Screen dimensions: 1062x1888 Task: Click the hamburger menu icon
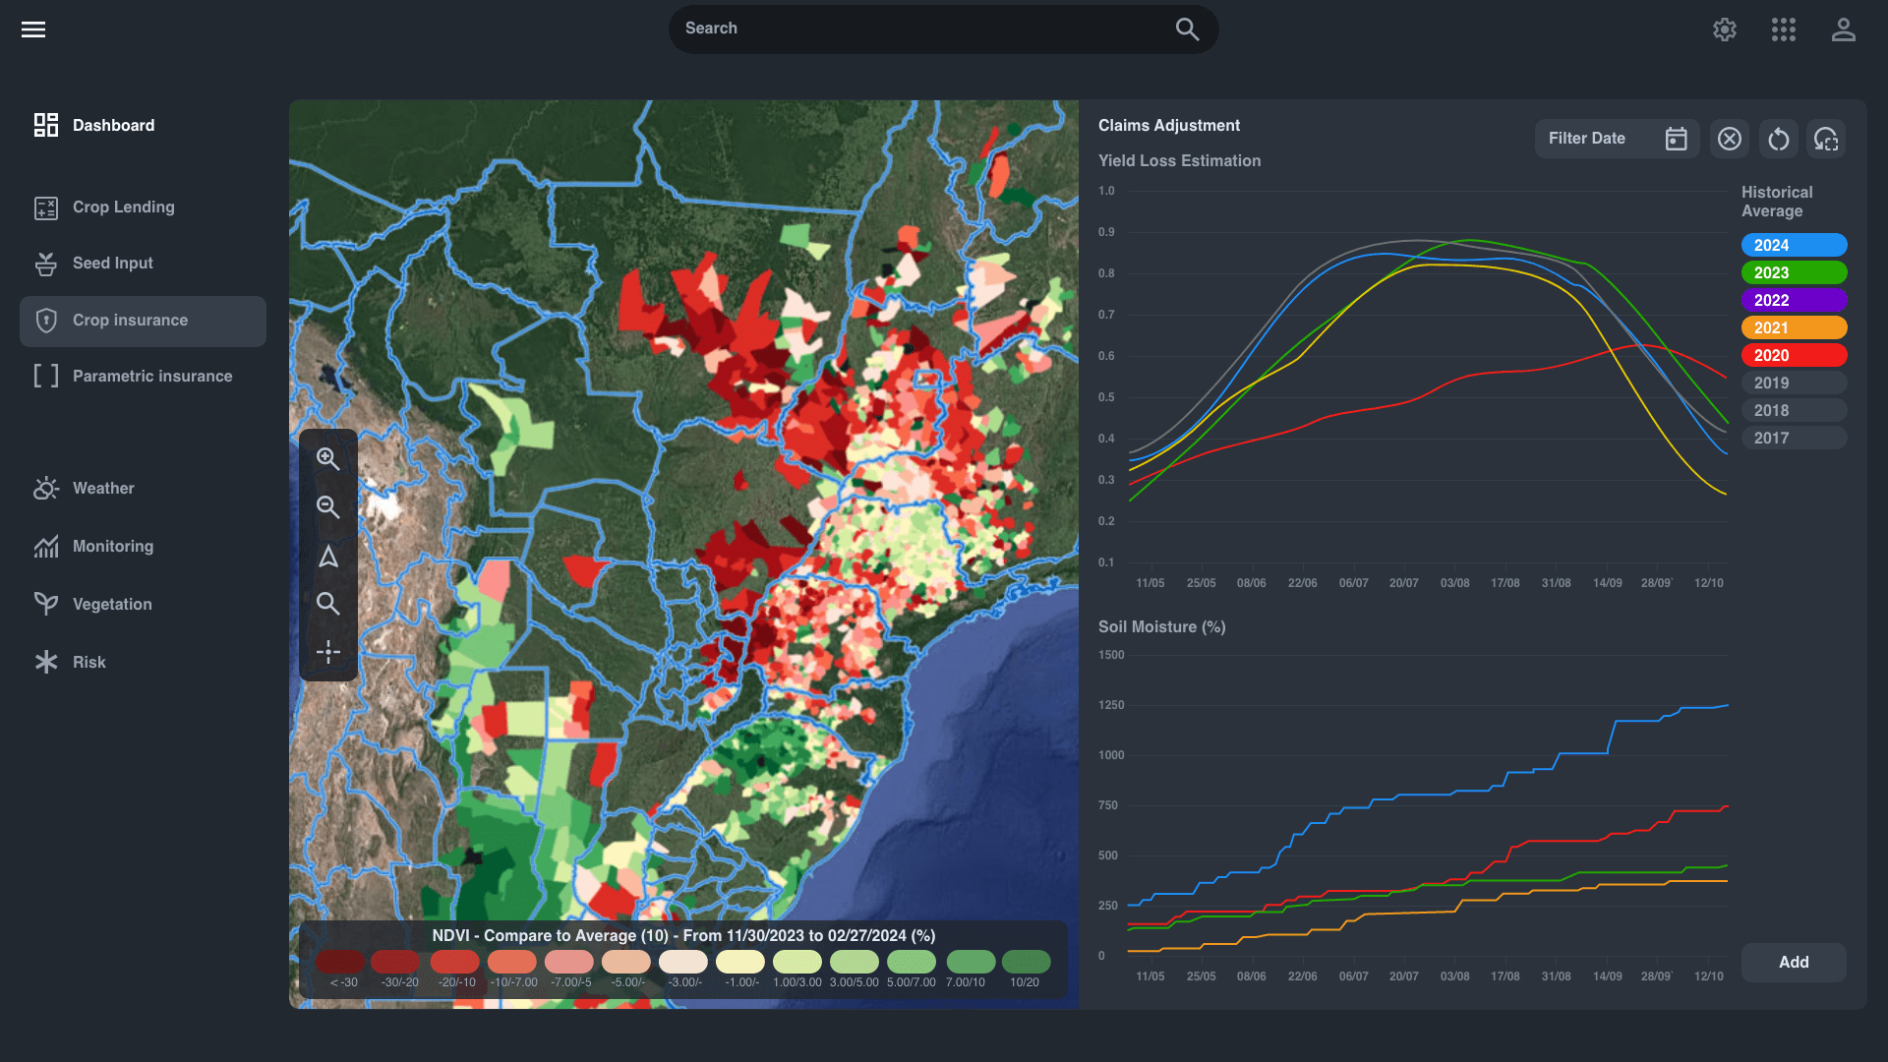33,29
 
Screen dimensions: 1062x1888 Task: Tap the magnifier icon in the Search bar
1187,29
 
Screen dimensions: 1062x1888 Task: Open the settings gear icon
1724,29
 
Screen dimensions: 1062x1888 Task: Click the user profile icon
1843,29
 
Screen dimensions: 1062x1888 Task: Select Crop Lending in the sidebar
123,207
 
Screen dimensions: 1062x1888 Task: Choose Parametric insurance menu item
151,377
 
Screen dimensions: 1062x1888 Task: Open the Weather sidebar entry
102,489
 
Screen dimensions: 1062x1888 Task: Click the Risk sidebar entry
88,663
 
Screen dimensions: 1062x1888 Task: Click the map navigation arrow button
328,557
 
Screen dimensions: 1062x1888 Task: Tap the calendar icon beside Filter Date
1676,139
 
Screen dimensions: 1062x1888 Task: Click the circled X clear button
1729,139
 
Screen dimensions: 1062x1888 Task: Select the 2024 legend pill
1794,245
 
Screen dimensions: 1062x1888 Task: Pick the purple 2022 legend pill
1794,300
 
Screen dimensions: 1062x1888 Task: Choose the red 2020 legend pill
1794,355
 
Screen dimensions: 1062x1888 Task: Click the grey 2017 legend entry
1794,438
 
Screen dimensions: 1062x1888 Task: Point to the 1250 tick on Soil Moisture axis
1111,705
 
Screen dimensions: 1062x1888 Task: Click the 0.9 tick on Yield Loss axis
1106,232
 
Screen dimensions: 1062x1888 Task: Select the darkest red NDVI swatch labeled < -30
340,962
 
